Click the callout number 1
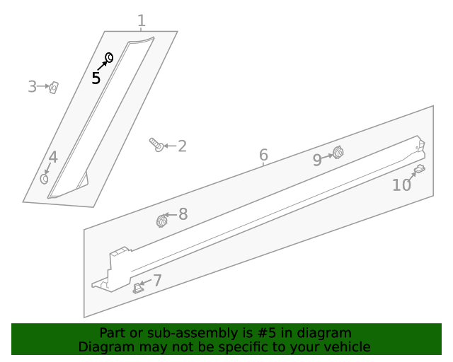(142, 21)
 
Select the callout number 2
(183, 146)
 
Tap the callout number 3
(32, 86)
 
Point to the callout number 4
(53, 158)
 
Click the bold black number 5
(96, 78)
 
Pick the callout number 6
(263, 155)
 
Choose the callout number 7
(157, 280)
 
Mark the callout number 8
(183, 214)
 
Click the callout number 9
(317, 160)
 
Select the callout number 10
(401, 185)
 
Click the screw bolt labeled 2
(156, 145)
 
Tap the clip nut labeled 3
(54, 88)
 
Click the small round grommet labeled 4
(44, 179)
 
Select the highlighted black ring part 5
(110, 58)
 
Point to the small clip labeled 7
(138, 288)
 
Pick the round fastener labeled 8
(162, 221)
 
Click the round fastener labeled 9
(338, 153)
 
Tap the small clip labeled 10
(420, 168)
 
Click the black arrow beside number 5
(102, 66)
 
